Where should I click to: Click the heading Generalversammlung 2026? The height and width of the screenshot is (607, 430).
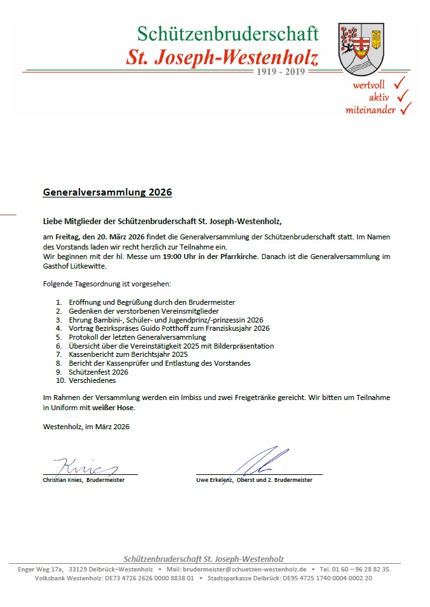[107, 191]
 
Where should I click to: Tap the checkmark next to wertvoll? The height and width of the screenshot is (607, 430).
[399, 83]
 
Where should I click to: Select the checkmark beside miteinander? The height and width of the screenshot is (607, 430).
[405, 109]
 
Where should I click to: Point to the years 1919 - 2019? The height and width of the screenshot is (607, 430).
[280, 72]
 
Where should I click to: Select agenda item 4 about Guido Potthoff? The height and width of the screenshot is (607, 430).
[169, 328]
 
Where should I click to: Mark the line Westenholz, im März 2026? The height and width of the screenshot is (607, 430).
[86, 427]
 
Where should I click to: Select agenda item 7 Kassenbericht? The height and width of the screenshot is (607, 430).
[128, 354]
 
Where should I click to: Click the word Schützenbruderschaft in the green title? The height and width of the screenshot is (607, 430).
[227, 34]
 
